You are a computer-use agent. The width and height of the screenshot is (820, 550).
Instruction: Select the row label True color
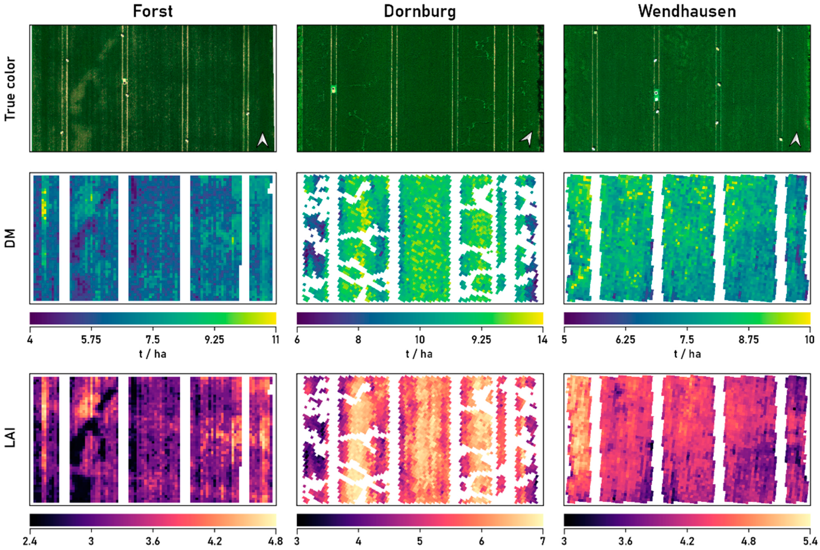(x=11, y=89)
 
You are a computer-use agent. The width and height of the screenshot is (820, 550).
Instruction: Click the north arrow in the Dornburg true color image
(x=526, y=139)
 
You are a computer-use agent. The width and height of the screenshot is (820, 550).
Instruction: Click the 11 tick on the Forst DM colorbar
(x=276, y=340)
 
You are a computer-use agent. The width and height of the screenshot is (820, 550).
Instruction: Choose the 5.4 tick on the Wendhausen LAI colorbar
(x=809, y=541)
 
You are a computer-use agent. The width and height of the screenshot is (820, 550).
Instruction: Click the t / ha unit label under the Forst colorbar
(x=153, y=354)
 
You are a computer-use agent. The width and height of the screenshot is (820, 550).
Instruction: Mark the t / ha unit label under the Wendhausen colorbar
(x=687, y=354)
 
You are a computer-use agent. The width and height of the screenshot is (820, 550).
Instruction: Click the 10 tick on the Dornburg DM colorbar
(x=420, y=340)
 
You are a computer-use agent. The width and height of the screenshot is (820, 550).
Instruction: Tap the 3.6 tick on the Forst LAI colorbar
(x=153, y=541)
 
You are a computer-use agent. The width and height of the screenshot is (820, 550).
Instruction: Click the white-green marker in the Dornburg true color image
(x=333, y=89)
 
